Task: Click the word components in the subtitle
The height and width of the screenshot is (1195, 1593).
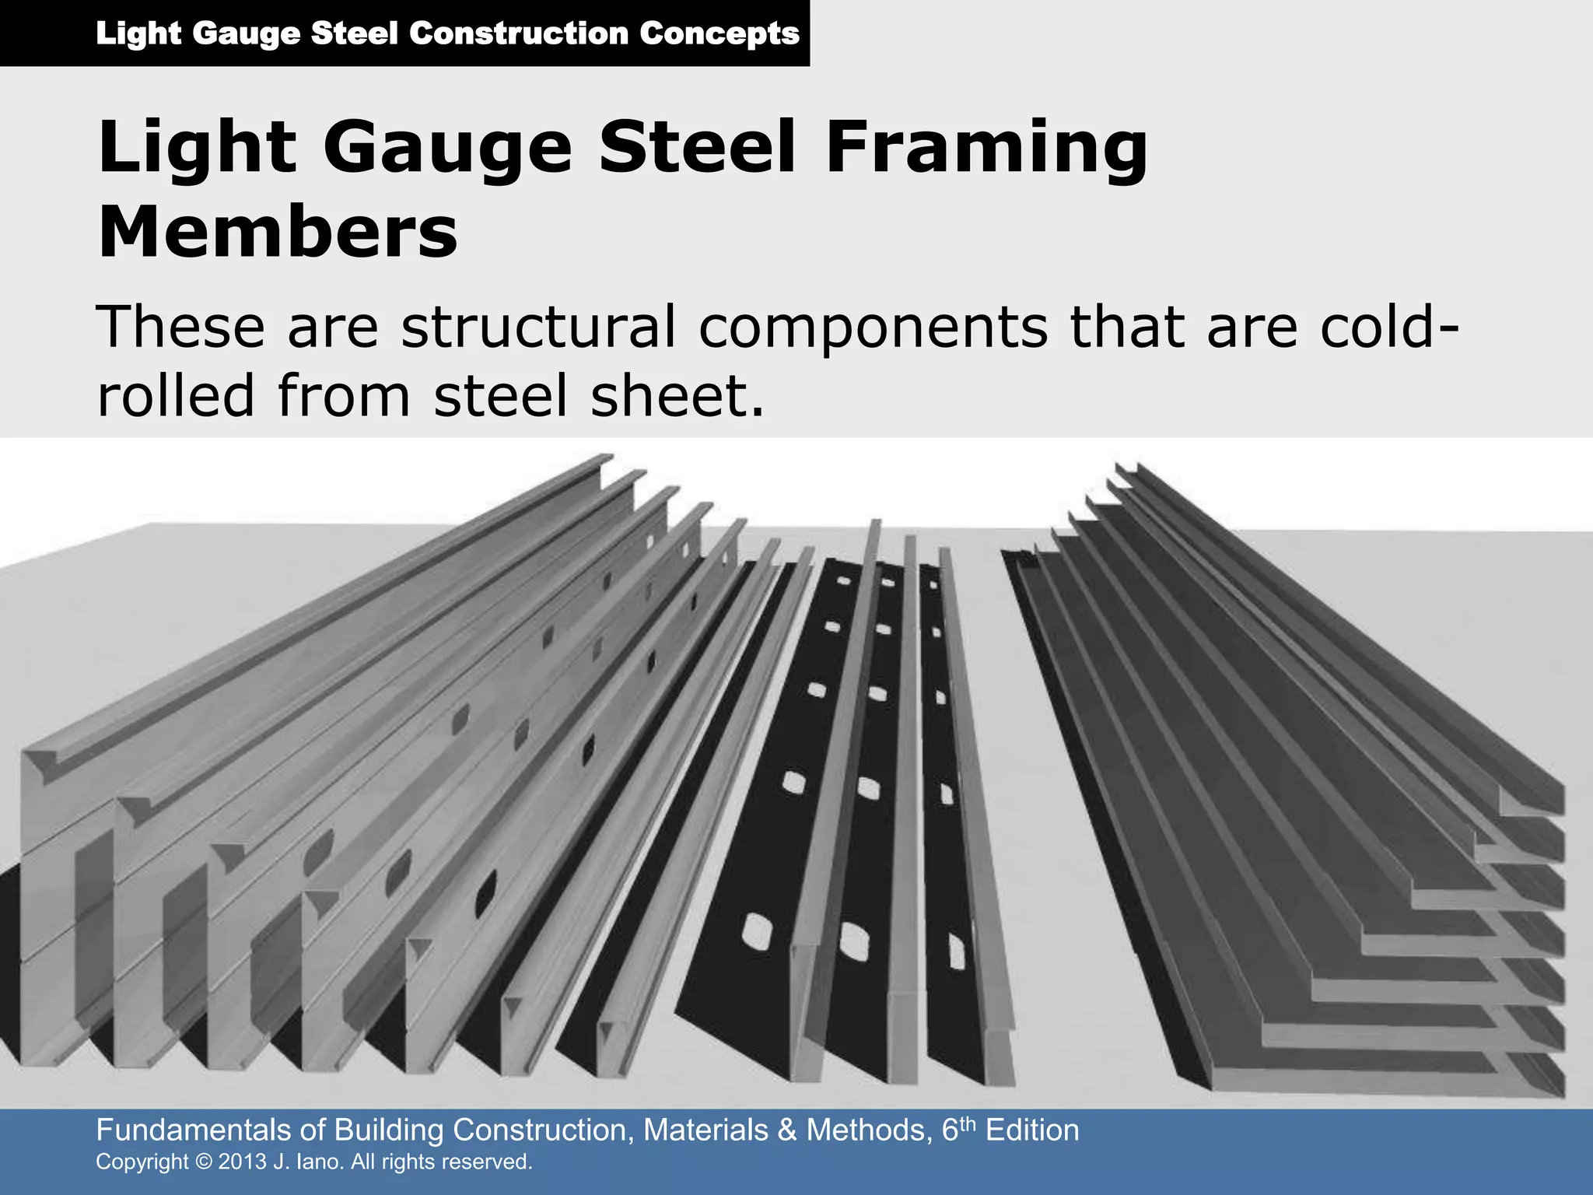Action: [x=873, y=328]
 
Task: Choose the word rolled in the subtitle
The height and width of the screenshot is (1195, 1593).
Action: [x=176, y=395]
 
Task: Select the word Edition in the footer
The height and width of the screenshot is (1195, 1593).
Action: [x=1032, y=1130]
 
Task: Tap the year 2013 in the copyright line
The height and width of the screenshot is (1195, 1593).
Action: [x=243, y=1162]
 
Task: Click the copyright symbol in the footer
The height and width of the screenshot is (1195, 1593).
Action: [x=204, y=1162]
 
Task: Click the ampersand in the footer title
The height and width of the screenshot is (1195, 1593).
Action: [x=787, y=1130]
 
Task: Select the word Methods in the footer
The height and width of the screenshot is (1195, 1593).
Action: [x=867, y=1130]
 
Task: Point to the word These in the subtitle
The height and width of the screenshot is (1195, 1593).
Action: [x=180, y=328]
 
